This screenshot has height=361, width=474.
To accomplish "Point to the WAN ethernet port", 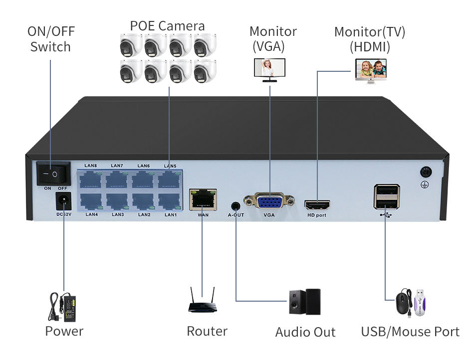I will point(203,200).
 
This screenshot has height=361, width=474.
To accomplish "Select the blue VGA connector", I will point(269,202).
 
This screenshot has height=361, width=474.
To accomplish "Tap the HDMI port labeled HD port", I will point(317,204).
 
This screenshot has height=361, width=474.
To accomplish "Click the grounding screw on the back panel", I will point(426,173).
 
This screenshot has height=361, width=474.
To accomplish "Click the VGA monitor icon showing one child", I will point(270,69).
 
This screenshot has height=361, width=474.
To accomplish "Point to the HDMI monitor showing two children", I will point(372,70).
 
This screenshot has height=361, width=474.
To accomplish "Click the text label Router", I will point(207,331).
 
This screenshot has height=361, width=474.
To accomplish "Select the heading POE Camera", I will point(168,25).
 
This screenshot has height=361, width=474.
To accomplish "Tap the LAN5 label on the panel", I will point(170,166).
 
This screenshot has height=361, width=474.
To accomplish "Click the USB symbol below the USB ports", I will point(386,215).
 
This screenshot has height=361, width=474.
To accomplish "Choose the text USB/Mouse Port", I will point(410,331).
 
